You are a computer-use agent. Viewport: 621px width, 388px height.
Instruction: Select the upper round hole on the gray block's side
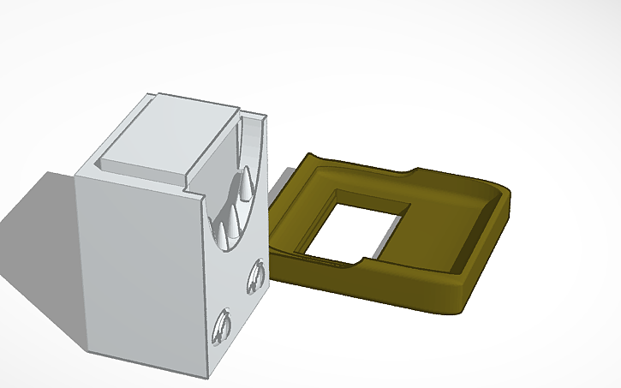tap(254, 277)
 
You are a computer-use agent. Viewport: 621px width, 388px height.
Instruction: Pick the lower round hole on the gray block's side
tap(223, 327)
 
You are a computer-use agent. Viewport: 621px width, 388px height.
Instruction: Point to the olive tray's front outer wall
tap(377, 287)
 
